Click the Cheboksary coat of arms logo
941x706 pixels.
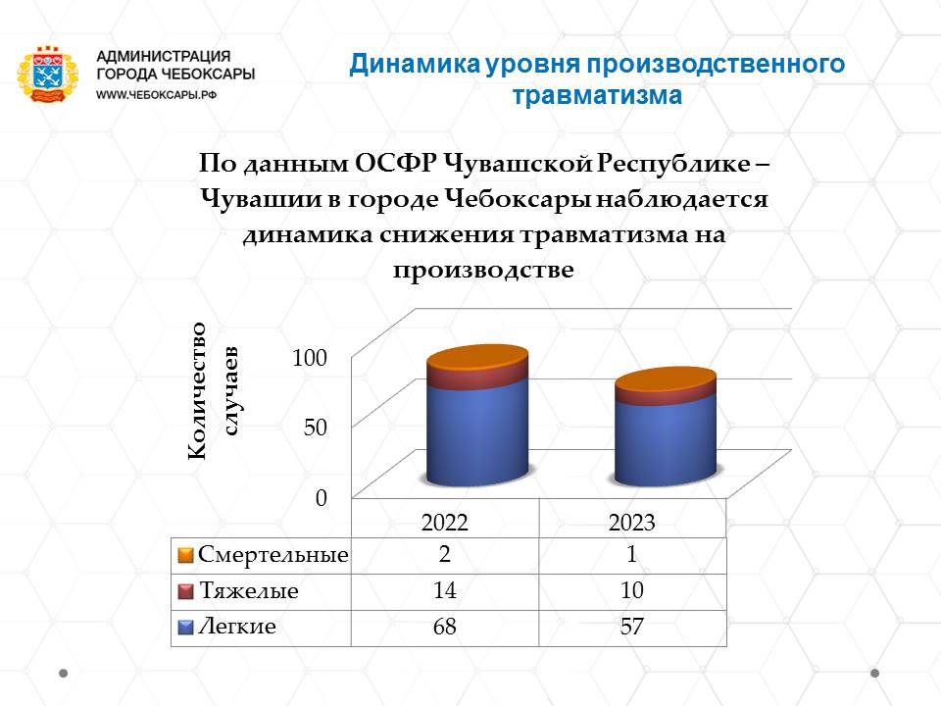47,75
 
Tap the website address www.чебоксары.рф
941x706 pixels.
156,95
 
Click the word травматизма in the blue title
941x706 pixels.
597,95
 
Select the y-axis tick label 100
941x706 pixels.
310,358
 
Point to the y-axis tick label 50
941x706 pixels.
315,428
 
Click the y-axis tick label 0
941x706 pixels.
322,498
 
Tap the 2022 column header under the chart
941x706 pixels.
445,523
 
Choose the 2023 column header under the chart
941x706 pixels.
632,523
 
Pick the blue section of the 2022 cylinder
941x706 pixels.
477,432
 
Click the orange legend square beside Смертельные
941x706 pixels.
185,555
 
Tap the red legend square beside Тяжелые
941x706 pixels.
185,591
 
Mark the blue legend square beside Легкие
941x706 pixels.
185,628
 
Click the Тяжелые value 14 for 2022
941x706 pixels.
445,590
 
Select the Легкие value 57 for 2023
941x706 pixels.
632,627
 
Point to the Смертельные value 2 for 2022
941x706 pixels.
445,553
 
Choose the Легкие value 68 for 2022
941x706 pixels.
445,627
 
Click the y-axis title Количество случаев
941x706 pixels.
213,391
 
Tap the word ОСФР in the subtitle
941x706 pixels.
395,163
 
